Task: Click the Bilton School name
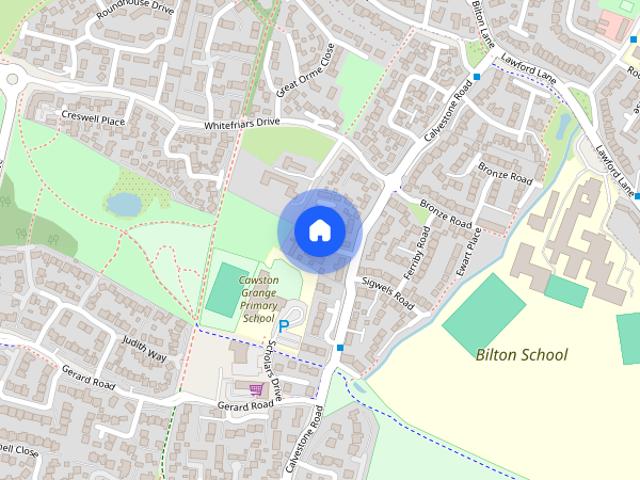[x=521, y=354]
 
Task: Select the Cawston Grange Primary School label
[x=257, y=299]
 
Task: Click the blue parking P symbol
[x=283, y=326]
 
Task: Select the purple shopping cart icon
[x=256, y=389]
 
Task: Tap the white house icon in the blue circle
[x=319, y=230]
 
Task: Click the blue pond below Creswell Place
[x=124, y=205]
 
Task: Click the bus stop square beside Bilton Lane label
[x=478, y=76]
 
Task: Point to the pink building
[x=613, y=22]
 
